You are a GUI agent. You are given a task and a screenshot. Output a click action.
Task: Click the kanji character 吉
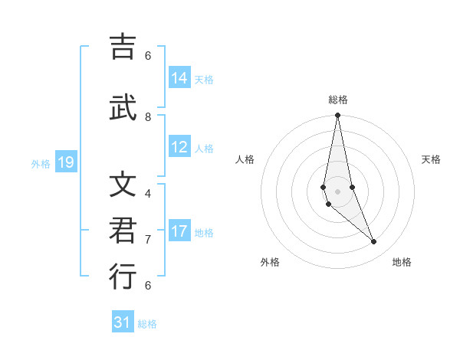point(123,47)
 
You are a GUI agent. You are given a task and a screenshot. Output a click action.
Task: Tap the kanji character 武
point(123,108)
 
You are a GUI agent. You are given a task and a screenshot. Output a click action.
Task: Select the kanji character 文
point(123,185)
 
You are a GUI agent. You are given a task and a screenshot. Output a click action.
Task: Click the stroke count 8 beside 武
point(148,117)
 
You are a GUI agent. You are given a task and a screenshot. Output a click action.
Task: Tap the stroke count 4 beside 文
point(148,193)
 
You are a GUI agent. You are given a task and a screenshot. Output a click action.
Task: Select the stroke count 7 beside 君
point(148,240)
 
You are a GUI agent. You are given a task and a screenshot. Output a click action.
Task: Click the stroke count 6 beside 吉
point(148,55)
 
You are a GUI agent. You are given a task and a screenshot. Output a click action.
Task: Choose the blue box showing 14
point(179,78)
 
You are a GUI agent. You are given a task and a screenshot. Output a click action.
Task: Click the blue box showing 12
point(179,147)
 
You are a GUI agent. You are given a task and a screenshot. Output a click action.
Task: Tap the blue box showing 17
point(179,231)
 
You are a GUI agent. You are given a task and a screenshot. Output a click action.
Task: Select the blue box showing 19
point(66,162)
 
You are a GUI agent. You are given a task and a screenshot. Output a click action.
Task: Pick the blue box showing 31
point(123,322)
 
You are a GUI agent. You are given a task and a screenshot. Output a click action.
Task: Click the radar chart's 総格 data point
point(337,116)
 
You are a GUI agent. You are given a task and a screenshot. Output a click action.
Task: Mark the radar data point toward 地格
point(374,242)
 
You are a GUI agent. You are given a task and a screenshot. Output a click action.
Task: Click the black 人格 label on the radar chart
point(245,159)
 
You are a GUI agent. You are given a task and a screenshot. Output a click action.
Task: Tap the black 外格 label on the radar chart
point(270,262)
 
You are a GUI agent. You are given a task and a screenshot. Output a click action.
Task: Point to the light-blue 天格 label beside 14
point(204,80)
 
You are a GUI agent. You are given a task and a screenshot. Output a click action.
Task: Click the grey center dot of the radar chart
point(337,191)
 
